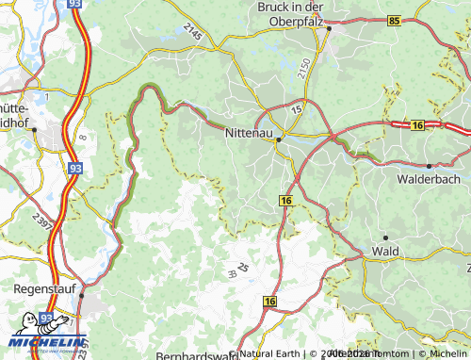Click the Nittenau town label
click(249, 134)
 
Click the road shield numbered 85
click(393, 20)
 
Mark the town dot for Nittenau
click(279, 141)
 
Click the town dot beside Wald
click(384, 237)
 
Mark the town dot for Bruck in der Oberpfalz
click(329, 28)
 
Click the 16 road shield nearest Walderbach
click(416, 124)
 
